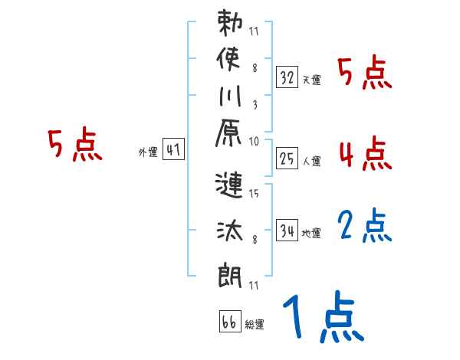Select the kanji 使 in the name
(x=230, y=62)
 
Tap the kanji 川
(x=230, y=100)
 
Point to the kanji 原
(x=230, y=137)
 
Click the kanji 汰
(x=230, y=229)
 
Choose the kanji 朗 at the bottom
(x=230, y=275)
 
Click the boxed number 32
(x=287, y=77)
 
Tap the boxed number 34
(x=287, y=230)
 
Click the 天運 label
(x=311, y=80)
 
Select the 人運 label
(x=311, y=161)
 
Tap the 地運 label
(x=311, y=233)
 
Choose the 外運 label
(x=147, y=152)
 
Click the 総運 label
(x=254, y=325)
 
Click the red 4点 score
(x=365, y=153)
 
